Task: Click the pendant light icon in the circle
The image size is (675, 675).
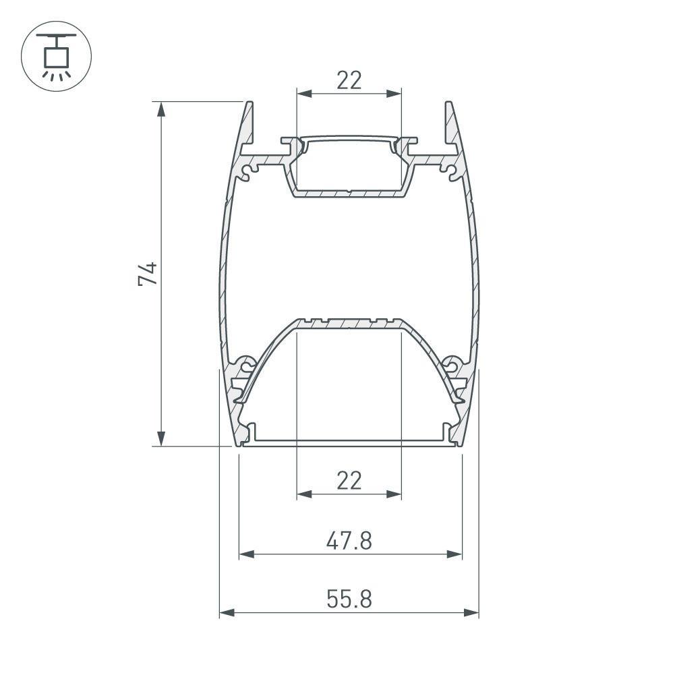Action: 57,57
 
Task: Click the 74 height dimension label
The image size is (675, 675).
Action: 148,273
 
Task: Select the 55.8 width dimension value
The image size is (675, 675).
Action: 349,599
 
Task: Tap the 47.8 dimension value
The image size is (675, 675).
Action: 349,540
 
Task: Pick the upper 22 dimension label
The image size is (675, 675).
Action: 349,80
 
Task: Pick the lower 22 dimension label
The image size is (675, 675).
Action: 349,481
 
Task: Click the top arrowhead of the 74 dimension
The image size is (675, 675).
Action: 160,108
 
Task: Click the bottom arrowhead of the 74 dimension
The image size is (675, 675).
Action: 160,440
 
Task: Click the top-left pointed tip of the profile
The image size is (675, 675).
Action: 250,103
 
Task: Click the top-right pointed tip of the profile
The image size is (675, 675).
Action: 448,103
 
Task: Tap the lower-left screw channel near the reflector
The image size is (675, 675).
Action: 247,367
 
